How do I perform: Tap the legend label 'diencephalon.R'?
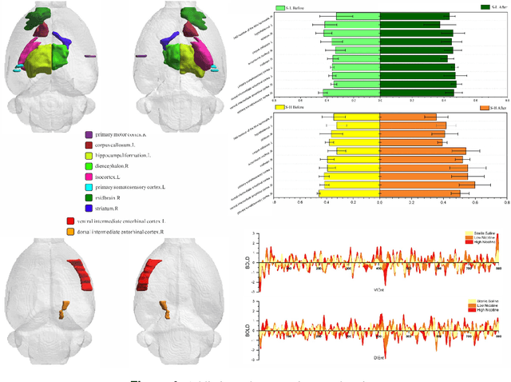pyautogui.click(x=118, y=165)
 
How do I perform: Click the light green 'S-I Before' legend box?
pyautogui.click(x=280, y=7)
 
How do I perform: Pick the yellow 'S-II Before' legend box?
pyautogui.click(x=280, y=107)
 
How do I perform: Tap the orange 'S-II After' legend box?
pyautogui.click(x=484, y=107)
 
